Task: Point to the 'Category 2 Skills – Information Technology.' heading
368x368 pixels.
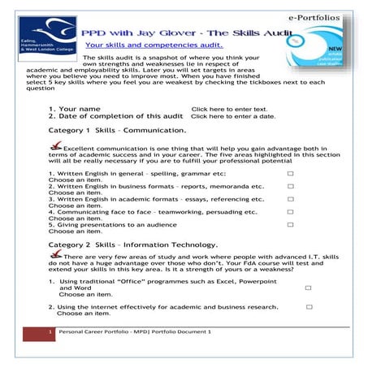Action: click(132, 244)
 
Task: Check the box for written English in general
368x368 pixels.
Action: click(291, 174)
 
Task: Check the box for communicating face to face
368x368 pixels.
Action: click(291, 211)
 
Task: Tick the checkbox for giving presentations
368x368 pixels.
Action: click(291, 224)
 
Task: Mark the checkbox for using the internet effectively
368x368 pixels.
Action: click(310, 307)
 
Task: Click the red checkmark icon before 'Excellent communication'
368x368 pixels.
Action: click(54, 146)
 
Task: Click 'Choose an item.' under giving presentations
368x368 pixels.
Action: click(72, 231)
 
